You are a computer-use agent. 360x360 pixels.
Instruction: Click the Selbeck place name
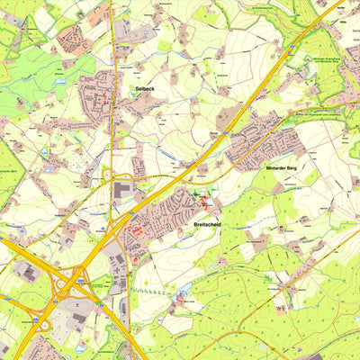(145, 89)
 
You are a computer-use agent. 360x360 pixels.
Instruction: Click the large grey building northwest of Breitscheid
(122, 190)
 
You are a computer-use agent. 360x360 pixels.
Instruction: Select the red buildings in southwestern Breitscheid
(135, 232)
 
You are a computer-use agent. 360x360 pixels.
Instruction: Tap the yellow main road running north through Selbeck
(111, 54)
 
